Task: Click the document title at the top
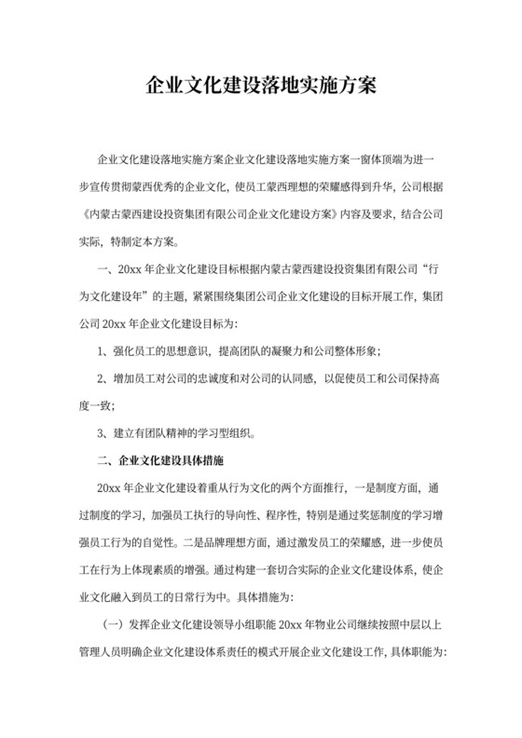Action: tap(261, 87)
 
